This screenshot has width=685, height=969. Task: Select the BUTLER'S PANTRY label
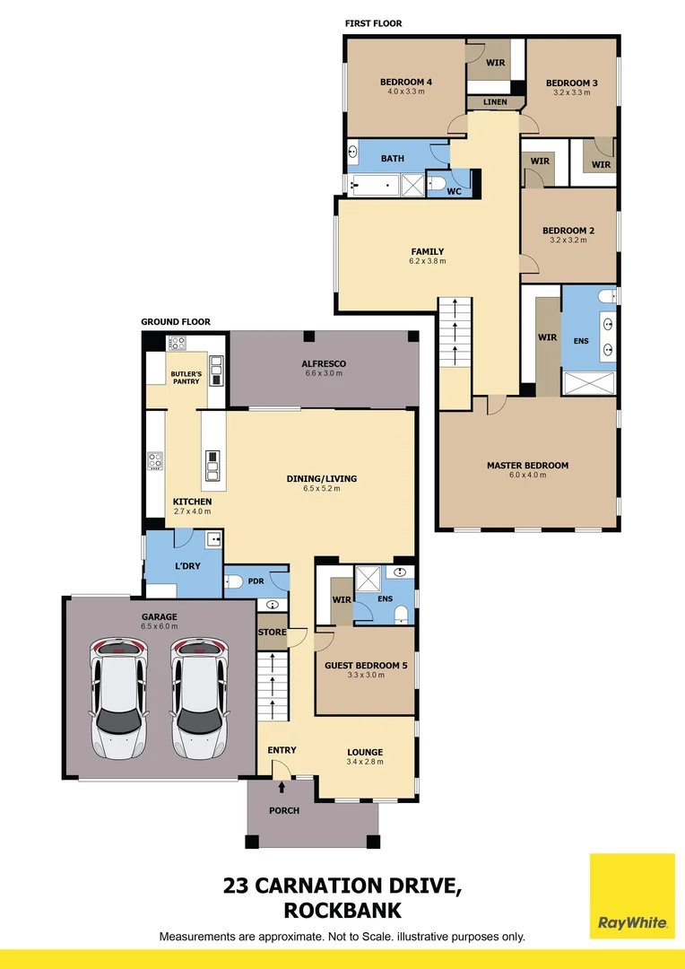click(x=186, y=377)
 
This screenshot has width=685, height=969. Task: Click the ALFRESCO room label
click(x=324, y=363)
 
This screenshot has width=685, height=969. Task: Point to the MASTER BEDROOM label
click(x=527, y=466)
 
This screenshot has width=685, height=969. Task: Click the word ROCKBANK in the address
click(x=342, y=911)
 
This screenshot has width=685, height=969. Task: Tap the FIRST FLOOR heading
click(x=374, y=23)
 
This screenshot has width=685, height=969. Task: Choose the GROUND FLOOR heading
click(x=176, y=322)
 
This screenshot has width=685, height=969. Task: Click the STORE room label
click(x=272, y=633)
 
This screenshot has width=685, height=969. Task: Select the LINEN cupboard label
click(x=495, y=102)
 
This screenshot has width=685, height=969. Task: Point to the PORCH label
click(x=284, y=811)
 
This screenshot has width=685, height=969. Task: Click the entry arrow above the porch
click(x=283, y=788)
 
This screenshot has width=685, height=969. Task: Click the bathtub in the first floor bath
click(x=373, y=186)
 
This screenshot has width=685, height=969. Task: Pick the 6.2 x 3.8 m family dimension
click(x=428, y=262)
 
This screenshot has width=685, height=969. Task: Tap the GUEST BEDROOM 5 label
click(x=366, y=666)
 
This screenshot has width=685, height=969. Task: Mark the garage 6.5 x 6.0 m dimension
click(x=159, y=626)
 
